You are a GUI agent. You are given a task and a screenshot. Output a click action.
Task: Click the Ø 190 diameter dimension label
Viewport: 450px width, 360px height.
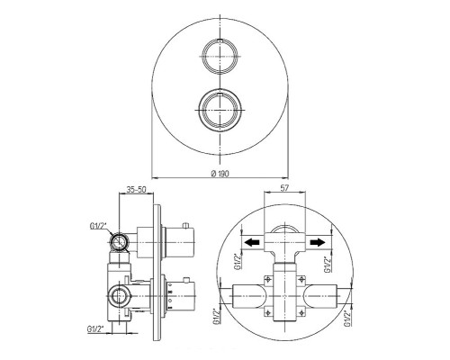(x=220, y=174)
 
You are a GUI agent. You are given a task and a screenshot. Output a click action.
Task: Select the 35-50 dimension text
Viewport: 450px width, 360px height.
(x=136, y=190)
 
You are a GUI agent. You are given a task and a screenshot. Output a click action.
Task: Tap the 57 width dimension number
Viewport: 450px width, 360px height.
(x=284, y=188)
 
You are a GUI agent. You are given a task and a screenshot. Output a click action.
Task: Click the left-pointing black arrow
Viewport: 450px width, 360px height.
(x=251, y=242)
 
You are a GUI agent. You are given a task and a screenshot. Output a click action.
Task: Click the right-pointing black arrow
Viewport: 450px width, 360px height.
(x=318, y=242)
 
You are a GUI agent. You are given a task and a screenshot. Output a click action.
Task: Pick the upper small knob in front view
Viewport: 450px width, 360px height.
(x=220, y=56)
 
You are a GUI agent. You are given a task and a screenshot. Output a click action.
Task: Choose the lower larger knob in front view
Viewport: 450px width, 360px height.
(x=220, y=110)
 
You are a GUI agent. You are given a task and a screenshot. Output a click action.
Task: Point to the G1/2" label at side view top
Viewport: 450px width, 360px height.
(x=98, y=226)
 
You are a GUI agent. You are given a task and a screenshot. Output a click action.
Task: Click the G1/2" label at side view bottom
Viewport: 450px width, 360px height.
(x=95, y=328)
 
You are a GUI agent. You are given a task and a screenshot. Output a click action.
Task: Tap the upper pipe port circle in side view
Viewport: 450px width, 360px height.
(x=120, y=242)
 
